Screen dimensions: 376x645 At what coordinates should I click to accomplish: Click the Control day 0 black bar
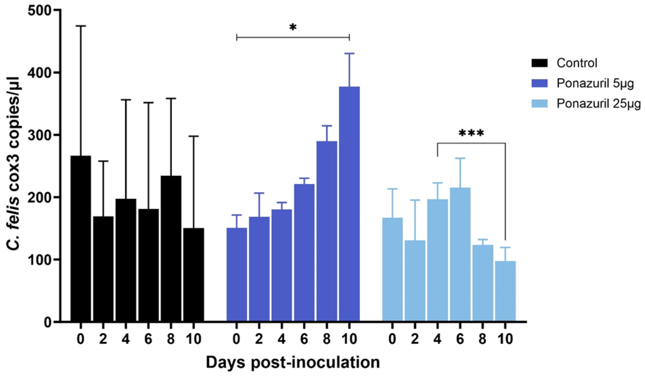click(x=81, y=238)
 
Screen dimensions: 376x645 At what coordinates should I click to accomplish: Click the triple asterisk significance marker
click(x=471, y=134)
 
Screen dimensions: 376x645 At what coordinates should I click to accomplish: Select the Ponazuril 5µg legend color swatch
click(x=539, y=84)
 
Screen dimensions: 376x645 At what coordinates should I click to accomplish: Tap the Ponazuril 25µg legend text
click(x=598, y=104)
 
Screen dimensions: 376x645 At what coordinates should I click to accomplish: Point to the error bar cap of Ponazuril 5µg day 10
click(x=349, y=53)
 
